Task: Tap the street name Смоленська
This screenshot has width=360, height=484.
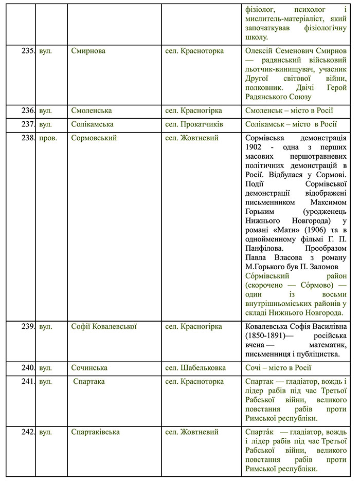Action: [x=92, y=110]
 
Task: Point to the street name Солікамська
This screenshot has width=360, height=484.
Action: [x=93, y=124]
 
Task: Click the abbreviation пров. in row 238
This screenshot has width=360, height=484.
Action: [x=48, y=138]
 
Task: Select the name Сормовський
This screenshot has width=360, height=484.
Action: [x=94, y=138]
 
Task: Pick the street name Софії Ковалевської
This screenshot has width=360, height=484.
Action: [x=104, y=326]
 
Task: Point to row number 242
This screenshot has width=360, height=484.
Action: [x=28, y=432]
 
